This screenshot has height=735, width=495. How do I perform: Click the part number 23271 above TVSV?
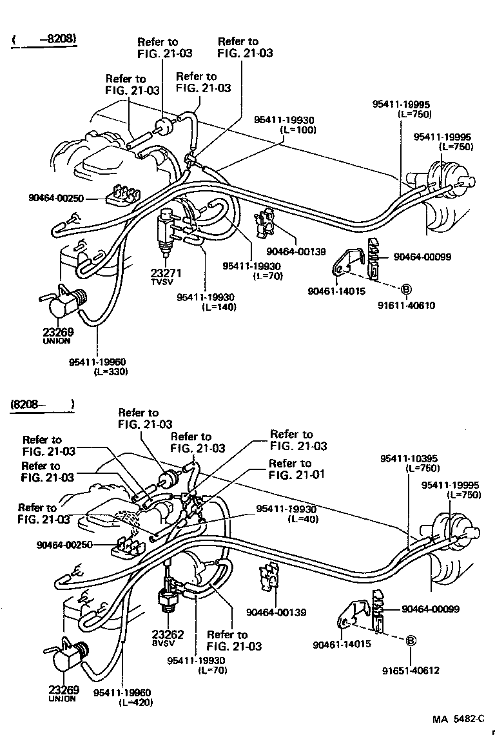(x=167, y=272)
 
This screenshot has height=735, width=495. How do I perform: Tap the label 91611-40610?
(x=407, y=305)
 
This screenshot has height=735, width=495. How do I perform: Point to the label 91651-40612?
(x=409, y=670)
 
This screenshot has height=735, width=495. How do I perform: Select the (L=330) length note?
(x=111, y=371)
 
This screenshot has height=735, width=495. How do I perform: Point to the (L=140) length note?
(x=218, y=307)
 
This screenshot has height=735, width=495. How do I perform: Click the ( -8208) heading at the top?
(x=44, y=39)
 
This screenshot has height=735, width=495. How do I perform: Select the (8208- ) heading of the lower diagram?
(x=43, y=405)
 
